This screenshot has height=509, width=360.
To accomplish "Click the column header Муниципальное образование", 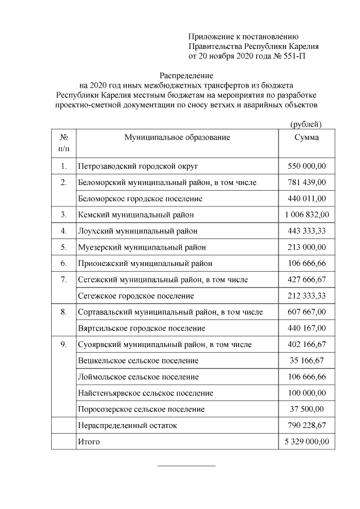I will click(x=177, y=137).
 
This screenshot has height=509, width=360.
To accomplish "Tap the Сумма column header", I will click(x=307, y=137).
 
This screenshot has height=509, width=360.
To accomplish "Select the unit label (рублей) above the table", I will click(x=306, y=123).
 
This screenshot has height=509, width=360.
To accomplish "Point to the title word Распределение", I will click(x=186, y=75).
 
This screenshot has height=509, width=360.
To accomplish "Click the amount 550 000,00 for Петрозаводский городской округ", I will click(x=307, y=166).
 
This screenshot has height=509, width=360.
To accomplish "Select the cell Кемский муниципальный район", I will click(x=136, y=215).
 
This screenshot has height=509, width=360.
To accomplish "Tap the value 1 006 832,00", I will click(x=307, y=215).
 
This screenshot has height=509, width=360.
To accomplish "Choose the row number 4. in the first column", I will click(x=64, y=231).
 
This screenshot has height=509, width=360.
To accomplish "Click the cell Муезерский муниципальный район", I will click(x=142, y=247).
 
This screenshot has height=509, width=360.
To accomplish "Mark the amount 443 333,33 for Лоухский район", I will click(x=307, y=231).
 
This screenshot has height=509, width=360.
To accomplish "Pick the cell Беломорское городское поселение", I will click(x=140, y=199).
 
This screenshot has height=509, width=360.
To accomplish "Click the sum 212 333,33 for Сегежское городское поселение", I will click(x=307, y=296).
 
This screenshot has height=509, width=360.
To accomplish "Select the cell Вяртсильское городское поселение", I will click(x=141, y=328).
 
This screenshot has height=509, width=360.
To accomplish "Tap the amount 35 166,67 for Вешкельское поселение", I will click(x=307, y=361).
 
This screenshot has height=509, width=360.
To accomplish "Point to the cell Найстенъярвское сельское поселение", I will click(x=145, y=393).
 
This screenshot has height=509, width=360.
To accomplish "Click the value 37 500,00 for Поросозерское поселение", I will click(x=307, y=409).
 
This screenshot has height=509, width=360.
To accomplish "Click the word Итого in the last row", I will click(x=89, y=442).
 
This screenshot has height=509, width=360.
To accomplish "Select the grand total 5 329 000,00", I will click(x=307, y=442).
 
